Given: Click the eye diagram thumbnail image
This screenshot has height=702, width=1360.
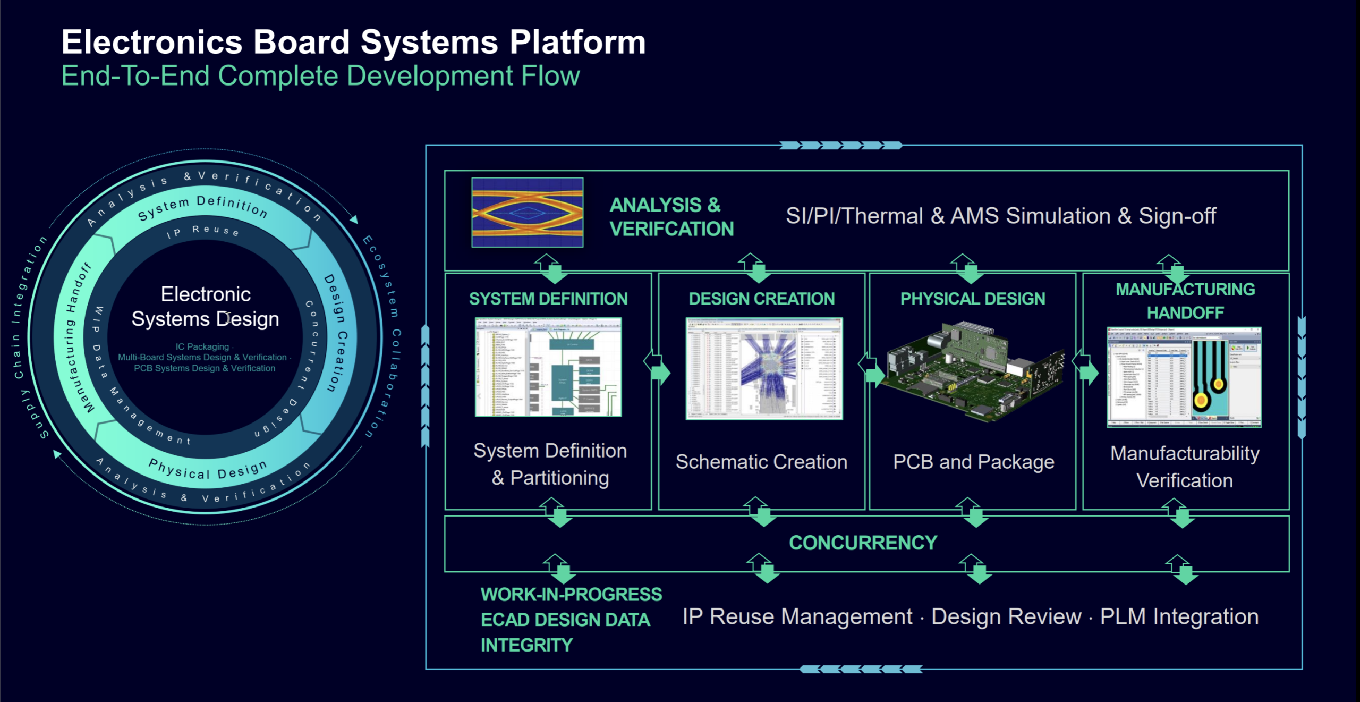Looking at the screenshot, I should pyautogui.click(x=527, y=212).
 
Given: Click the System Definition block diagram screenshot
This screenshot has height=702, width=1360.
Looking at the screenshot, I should pyautogui.click(x=548, y=367).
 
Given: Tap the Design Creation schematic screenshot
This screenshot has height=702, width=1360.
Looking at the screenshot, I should pyautogui.click(x=764, y=368).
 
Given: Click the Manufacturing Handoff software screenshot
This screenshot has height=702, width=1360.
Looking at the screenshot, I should pyautogui.click(x=1184, y=377).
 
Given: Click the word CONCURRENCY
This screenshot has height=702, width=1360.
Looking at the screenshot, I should pyautogui.click(x=863, y=543).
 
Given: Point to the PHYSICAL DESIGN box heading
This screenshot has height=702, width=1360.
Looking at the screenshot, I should pyautogui.click(x=972, y=299).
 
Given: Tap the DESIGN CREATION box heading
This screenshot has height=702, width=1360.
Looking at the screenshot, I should pyautogui.click(x=761, y=299).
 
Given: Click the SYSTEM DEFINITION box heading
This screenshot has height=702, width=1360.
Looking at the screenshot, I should pyautogui.click(x=548, y=299).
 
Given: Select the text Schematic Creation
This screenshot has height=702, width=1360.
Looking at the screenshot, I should pyautogui.click(x=761, y=462).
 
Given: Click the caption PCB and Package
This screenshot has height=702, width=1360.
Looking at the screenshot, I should pyautogui.click(x=973, y=462).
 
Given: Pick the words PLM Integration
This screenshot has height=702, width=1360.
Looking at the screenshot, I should pyautogui.click(x=1179, y=616).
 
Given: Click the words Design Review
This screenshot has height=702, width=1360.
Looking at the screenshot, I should pyautogui.click(x=1006, y=616).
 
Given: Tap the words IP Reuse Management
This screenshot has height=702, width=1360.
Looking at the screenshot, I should pyautogui.click(x=797, y=616).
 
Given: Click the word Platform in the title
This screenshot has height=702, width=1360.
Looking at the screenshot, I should pyautogui.click(x=577, y=42).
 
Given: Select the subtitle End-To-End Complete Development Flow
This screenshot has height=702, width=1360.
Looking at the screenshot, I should pyautogui.click(x=320, y=75).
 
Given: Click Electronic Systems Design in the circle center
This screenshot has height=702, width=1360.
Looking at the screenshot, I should pyautogui.click(x=206, y=307).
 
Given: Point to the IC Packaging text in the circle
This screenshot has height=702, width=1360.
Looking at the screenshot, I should pyautogui.click(x=202, y=346).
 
